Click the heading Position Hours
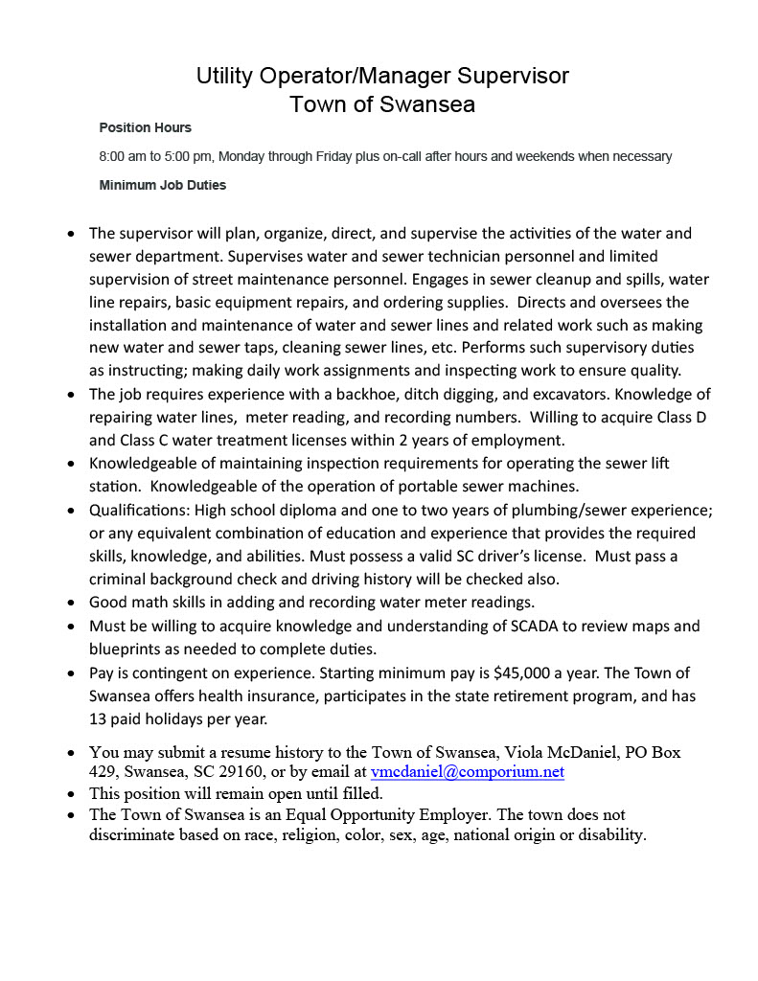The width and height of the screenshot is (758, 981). click(x=145, y=127)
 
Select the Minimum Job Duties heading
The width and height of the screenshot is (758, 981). click(x=162, y=185)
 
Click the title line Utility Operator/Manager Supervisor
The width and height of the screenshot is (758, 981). click(x=382, y=76)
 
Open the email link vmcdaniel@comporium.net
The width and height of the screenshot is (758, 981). click(x=467, y=772)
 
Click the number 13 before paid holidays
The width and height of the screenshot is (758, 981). click(x=99, y=719)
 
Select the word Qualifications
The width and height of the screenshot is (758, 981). click(x=134, y=510)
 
